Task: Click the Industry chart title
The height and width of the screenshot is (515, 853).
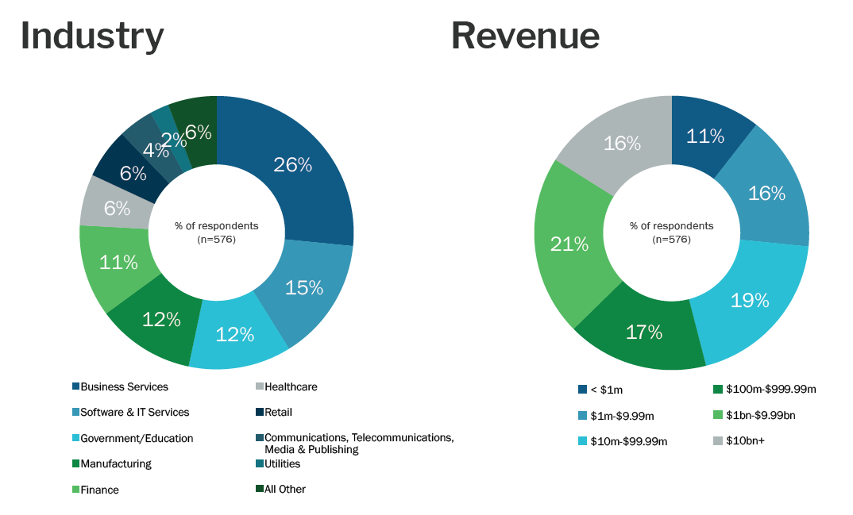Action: (92, 37)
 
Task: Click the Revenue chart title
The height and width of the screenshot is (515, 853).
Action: (525, 37)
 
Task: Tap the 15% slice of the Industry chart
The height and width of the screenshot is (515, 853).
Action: (304, 287)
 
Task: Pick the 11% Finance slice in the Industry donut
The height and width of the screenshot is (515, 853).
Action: (118, 262)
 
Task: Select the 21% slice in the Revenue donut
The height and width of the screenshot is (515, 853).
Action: (569, 244)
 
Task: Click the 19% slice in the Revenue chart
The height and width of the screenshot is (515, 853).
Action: (749, 301)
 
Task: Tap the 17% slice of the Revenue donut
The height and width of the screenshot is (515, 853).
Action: (643, 332)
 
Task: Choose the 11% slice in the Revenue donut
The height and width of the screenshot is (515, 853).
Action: (705, 136)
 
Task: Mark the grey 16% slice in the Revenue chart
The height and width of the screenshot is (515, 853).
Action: (622, 144)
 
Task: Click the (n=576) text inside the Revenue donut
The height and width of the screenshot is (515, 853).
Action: (671, 240)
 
